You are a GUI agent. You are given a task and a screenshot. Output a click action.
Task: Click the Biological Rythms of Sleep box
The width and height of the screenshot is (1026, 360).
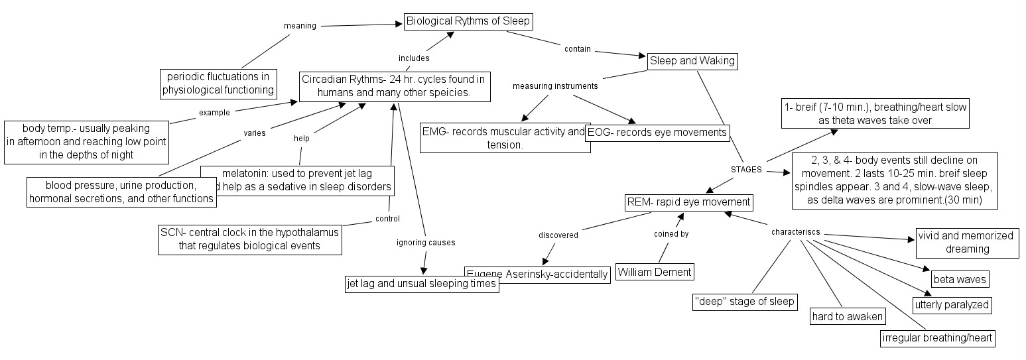[468, 21]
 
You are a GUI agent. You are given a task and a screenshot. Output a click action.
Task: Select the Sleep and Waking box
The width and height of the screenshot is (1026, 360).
[692, 61]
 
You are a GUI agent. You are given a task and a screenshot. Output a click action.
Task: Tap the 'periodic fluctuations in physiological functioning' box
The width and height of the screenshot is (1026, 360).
[218, 83]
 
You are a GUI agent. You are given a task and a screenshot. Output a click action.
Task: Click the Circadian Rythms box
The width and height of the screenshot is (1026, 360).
[394, 86]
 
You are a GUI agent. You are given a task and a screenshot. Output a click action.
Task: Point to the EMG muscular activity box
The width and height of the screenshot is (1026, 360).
[505, 138]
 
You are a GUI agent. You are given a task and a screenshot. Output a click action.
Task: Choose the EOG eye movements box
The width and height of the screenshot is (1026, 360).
[657, 133]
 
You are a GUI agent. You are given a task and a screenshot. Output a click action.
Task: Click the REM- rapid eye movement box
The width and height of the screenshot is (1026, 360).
[688, 202]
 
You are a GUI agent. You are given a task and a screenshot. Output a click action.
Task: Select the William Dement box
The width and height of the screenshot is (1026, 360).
[655, 271]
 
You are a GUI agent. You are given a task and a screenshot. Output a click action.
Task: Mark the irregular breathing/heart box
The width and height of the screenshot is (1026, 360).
[938, 338]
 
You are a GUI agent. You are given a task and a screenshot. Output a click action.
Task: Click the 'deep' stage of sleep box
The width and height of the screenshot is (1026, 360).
[743, 302]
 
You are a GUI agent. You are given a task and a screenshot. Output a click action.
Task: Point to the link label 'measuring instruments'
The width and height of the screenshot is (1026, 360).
[555, 86]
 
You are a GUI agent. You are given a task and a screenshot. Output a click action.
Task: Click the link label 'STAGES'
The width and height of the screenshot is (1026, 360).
[746, 169]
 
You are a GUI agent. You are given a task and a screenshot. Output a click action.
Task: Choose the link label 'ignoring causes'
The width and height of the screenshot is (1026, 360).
[426, 243]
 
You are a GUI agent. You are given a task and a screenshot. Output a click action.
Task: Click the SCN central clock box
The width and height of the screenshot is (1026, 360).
[249, 239]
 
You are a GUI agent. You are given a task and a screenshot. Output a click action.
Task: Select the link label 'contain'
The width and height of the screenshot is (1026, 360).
[577, 49]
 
